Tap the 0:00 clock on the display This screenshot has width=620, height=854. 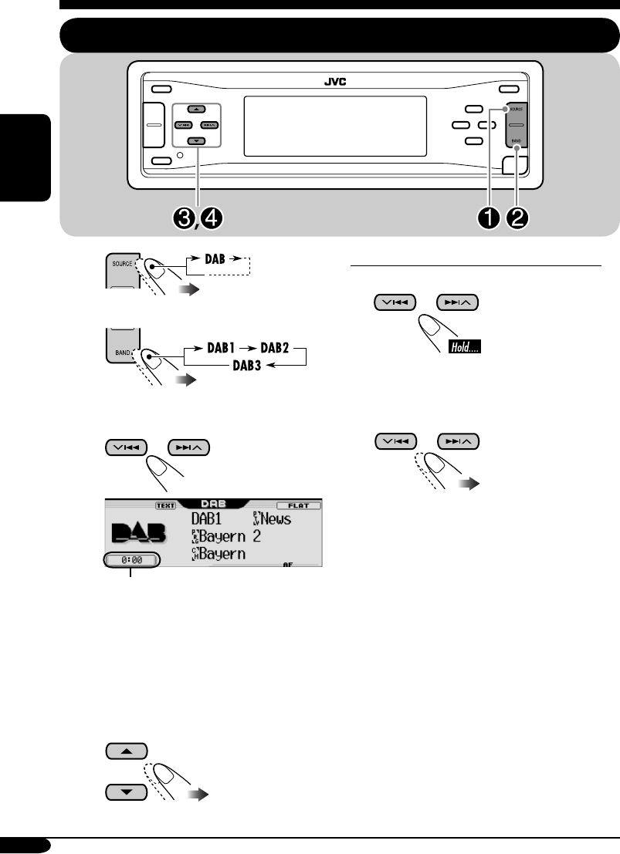pos(130,560)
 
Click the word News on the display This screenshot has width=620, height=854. pos(275,518)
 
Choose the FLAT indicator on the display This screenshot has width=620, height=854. pos(298,505)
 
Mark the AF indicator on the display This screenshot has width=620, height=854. pos(287,565)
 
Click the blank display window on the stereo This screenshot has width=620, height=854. pos(335,127)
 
